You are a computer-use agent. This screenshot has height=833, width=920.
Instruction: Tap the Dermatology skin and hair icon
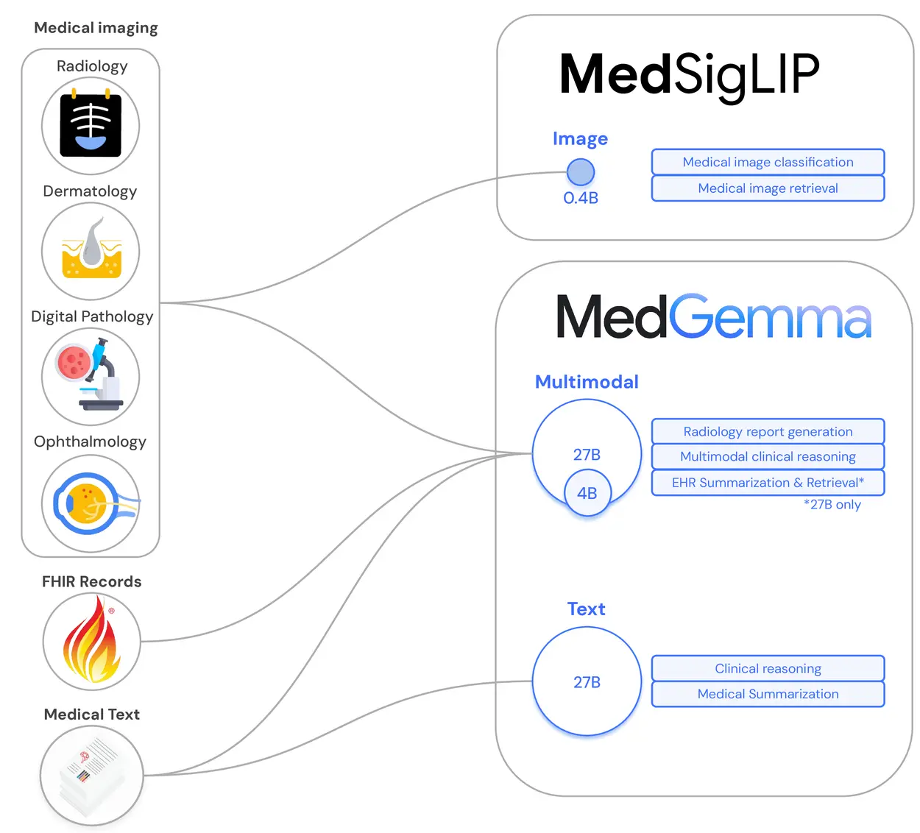tap(91, 251)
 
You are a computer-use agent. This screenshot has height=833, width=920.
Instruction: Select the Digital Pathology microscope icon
tap(91, 376)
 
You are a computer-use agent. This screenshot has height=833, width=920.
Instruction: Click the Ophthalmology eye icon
tap(91, 504)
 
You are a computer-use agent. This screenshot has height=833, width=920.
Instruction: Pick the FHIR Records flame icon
tap(91, 641)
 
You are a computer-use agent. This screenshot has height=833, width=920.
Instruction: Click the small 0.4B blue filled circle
tap(581, 172)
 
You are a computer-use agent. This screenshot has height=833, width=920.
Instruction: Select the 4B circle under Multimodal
tap(587, 493)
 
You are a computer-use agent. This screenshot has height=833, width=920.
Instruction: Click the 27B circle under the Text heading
tap(587, 681)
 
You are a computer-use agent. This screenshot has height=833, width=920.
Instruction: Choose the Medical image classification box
tap(768, 162)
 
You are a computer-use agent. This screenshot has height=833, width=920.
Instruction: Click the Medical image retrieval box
tap(768, 188)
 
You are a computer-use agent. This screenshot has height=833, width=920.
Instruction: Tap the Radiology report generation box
tap(768, 432)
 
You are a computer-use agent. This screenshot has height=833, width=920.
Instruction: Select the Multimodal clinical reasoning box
tap(768, 457)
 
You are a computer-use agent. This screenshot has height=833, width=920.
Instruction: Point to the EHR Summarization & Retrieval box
tap(768, 483)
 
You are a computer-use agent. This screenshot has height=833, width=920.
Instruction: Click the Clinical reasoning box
tap(768, 668)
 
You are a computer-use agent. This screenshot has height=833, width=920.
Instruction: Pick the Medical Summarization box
tap(768, 694)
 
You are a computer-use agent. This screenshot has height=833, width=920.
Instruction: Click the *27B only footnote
tap(832, 505)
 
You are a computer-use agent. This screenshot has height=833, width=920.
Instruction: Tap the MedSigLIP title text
tap(689, 75)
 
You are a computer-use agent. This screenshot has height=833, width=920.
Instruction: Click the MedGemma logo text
tap(713, 318)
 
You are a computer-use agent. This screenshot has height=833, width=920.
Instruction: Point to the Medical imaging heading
tap(96, 28)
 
